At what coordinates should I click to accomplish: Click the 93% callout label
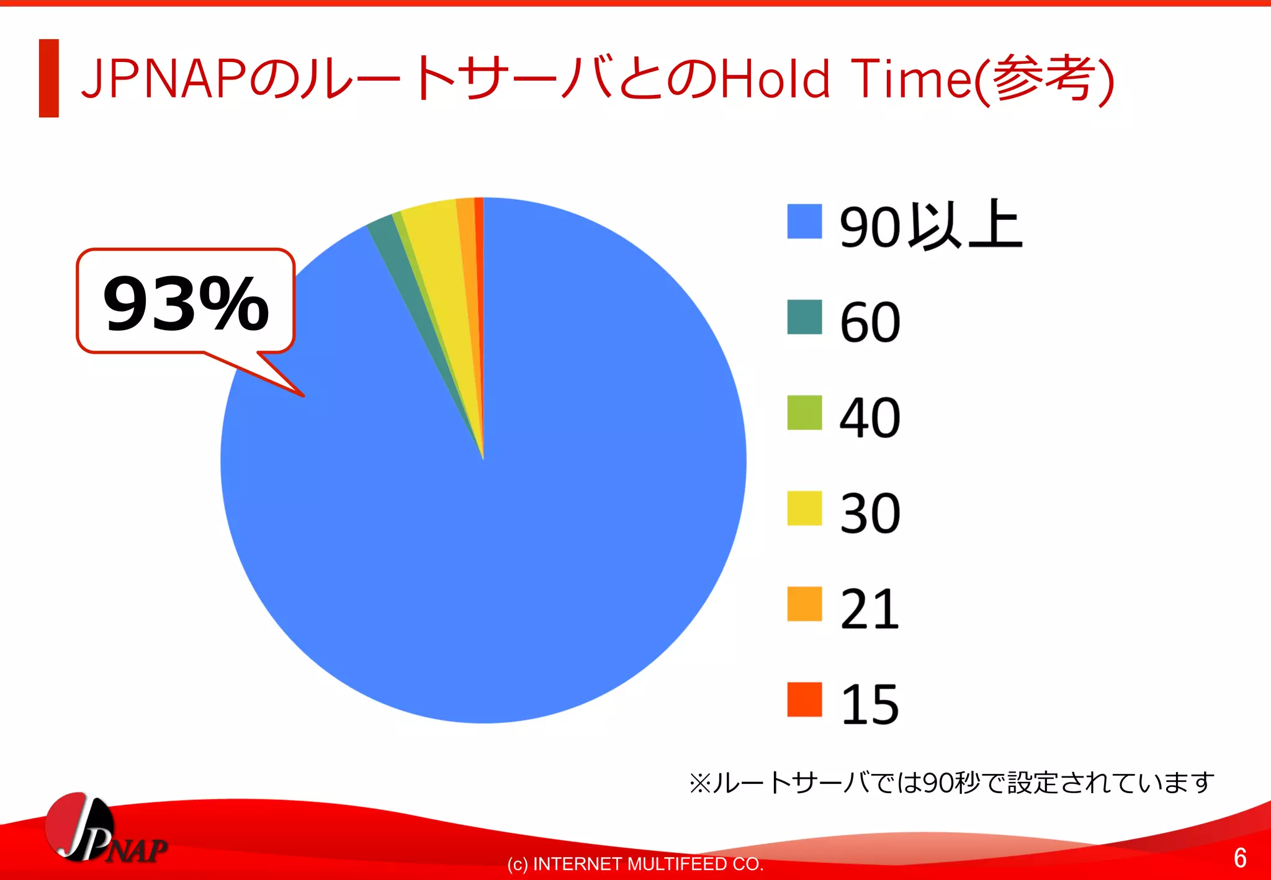(185, 303)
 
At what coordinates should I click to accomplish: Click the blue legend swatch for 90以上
(804, 222)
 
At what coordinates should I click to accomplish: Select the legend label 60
(869, 322)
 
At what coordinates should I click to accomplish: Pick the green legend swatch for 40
(804, 413)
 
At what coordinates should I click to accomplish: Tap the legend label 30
(869, 513)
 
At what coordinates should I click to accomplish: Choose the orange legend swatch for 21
(804, 604)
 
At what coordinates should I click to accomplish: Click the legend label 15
(869, 704)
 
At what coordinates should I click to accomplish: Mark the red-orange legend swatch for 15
(804, 699)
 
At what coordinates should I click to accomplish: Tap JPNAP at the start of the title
(164, 79)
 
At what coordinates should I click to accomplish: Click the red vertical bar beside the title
(48, 78)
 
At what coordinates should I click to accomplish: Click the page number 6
(1239, 858)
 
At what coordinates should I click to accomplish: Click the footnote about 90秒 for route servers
(951, 783)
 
